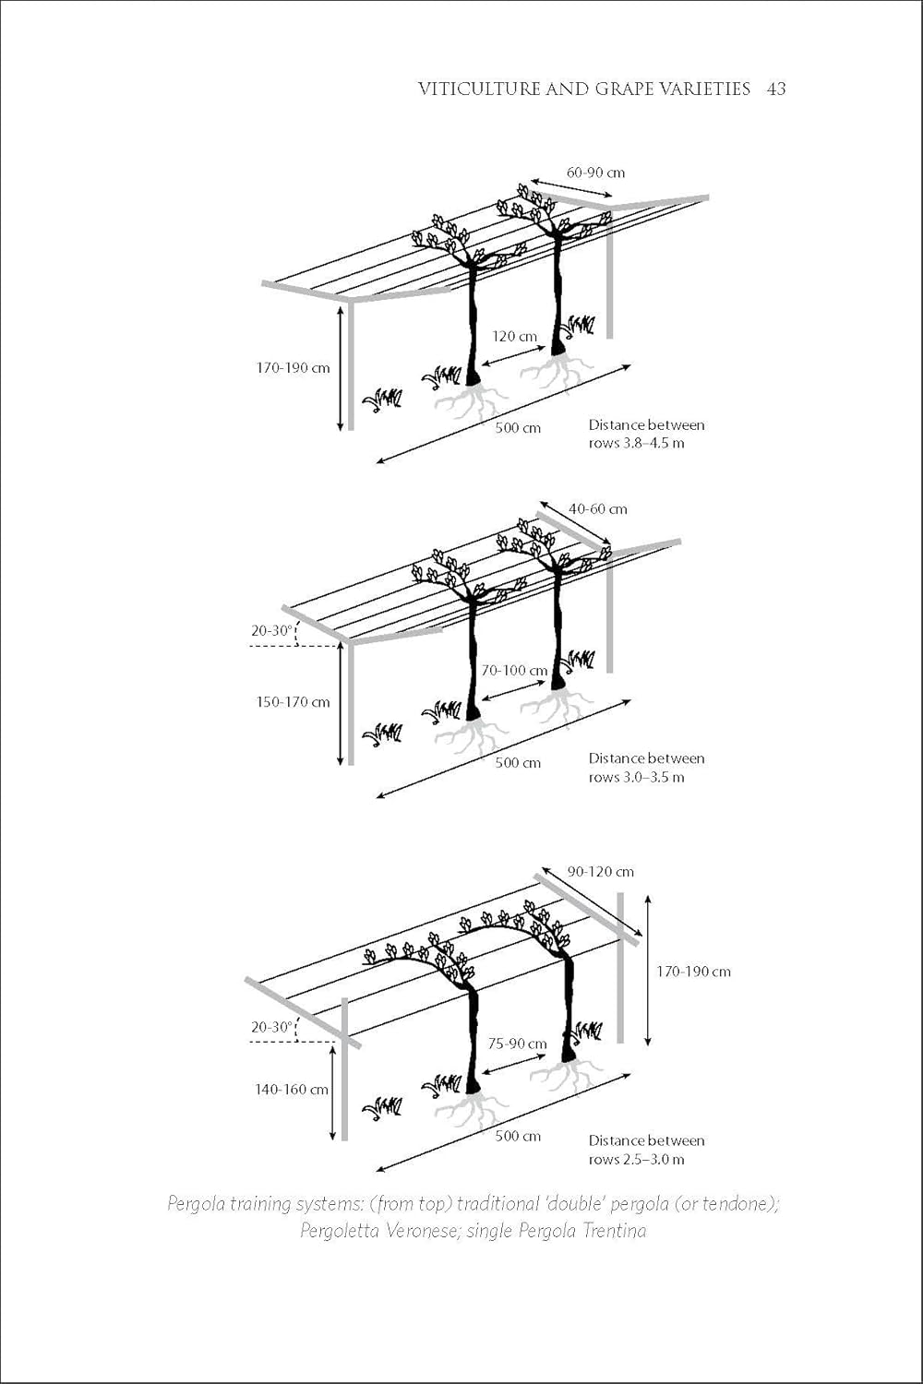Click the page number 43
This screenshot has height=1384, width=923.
point(775,89)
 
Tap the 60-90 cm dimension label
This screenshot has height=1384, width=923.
point(595,173)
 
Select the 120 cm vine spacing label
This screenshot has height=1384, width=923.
point(514,336)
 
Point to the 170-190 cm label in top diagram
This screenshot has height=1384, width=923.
point(293,368)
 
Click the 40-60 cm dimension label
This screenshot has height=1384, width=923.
point(597,508)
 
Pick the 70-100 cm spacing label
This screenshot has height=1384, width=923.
point(513,671)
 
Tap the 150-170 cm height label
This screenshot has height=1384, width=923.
point(293,702)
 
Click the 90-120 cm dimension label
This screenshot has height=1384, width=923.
point(600,872)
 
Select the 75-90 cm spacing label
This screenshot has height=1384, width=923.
point(517,1044)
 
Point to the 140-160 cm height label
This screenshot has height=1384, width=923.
point(292,1090)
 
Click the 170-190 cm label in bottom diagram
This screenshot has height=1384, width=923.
point(693,972)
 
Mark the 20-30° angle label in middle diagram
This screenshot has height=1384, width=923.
point(271,631)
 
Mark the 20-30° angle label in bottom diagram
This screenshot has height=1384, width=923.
point(271,1027)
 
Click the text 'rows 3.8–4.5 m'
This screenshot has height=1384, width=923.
point(637,443)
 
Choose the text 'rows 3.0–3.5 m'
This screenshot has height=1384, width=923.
point(637,777)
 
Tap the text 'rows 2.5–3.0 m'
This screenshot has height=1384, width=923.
point(637,1159)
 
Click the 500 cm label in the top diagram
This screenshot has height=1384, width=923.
point(518,428)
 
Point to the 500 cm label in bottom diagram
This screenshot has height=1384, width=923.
point(518,1136)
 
